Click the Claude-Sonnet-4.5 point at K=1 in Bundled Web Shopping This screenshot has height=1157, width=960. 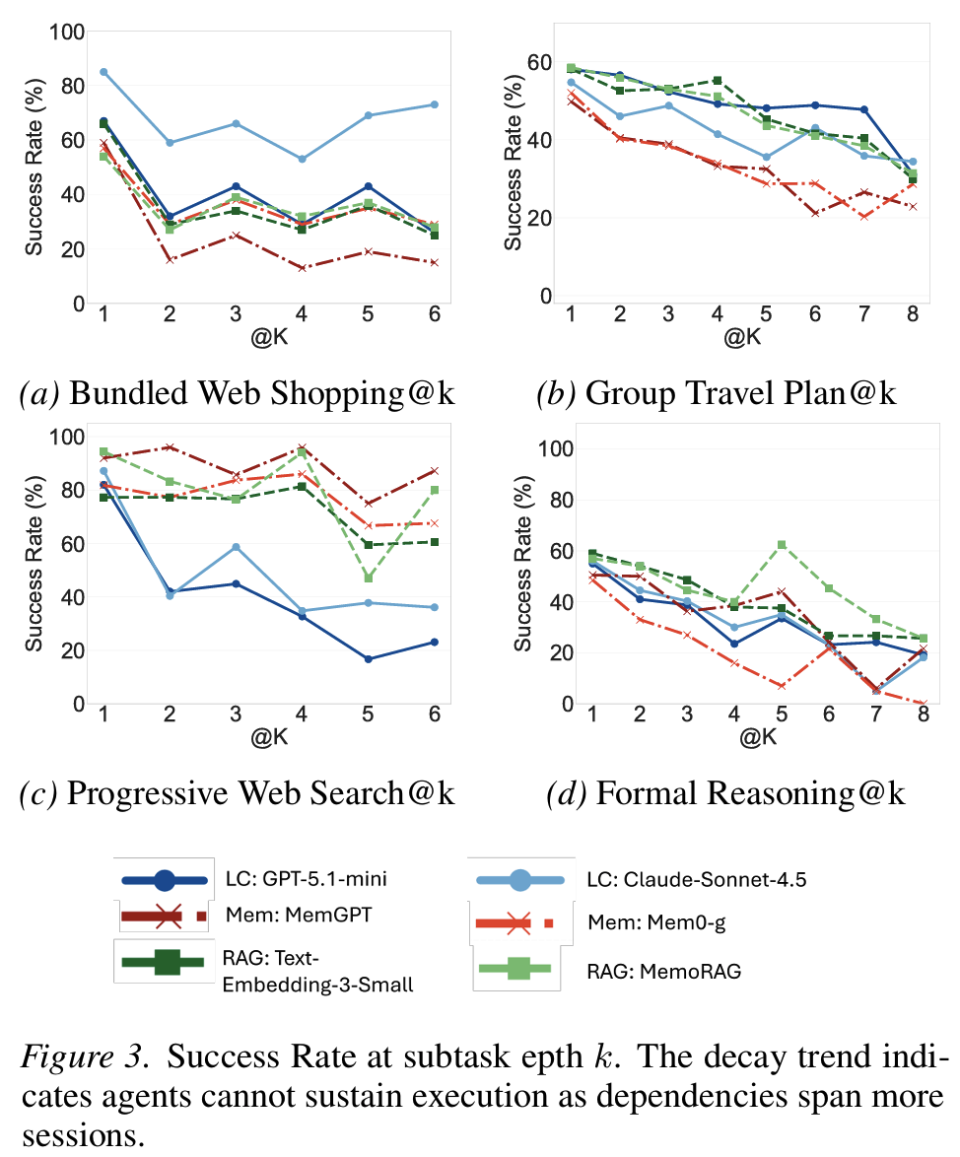click(x=103, y=72)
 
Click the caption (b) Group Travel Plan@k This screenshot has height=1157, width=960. click(x=716, y=393)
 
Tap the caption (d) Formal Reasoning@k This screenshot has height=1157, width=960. click(x=725, y=794)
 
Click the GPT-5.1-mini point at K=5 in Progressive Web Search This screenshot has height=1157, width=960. click(x=369, y=658)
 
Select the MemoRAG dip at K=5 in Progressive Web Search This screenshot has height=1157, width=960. click(x=369, y=578)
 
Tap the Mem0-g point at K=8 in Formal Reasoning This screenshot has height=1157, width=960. click(x=923, y=704)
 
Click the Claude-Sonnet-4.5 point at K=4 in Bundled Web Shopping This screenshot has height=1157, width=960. click(x=302, y=159)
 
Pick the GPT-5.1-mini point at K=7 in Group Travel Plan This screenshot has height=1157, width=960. click(x=862, y=109)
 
